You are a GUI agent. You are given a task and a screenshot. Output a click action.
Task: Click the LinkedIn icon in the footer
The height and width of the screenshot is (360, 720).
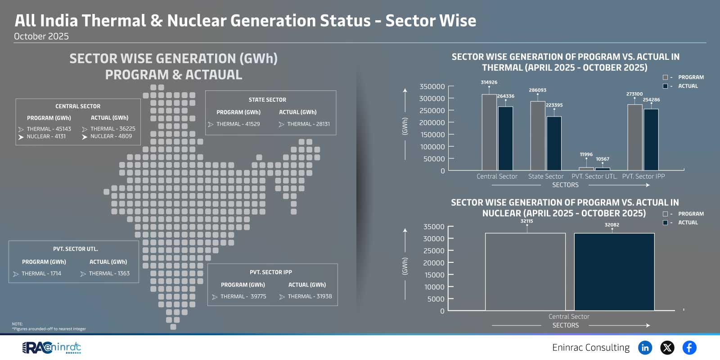click(645, 347)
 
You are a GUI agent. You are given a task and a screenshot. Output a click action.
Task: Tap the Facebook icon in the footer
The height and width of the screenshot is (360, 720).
click(689, 347)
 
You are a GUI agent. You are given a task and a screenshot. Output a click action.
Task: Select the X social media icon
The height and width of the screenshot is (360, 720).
click(667, 347)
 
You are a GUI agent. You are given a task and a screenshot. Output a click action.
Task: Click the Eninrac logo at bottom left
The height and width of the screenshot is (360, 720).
click(52, 347)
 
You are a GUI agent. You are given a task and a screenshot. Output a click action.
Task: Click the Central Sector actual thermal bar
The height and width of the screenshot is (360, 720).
click(505, 138)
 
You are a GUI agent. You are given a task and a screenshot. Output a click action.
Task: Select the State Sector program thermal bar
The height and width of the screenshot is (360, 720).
click(538, 135)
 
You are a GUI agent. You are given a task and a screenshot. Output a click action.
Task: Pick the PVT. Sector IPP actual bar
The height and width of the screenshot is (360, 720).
click(651, 139)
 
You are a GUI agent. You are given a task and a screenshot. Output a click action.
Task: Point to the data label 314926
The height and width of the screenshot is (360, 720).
click(489, 82)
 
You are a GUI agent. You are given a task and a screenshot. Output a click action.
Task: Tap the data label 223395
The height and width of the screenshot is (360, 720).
click(554, 105)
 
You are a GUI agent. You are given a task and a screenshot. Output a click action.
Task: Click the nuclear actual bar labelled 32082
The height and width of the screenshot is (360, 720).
click(614, 272)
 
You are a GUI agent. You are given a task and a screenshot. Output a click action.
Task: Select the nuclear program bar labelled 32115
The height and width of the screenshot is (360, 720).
click(525, 272)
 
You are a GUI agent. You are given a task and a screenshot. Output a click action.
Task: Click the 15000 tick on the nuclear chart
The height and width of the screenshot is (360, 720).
click(434, 275)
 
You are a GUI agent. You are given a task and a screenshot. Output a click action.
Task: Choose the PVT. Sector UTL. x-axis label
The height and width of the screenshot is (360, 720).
click(594, 176)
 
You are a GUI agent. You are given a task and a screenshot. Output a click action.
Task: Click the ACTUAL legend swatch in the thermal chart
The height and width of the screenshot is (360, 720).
click(665, 86)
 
